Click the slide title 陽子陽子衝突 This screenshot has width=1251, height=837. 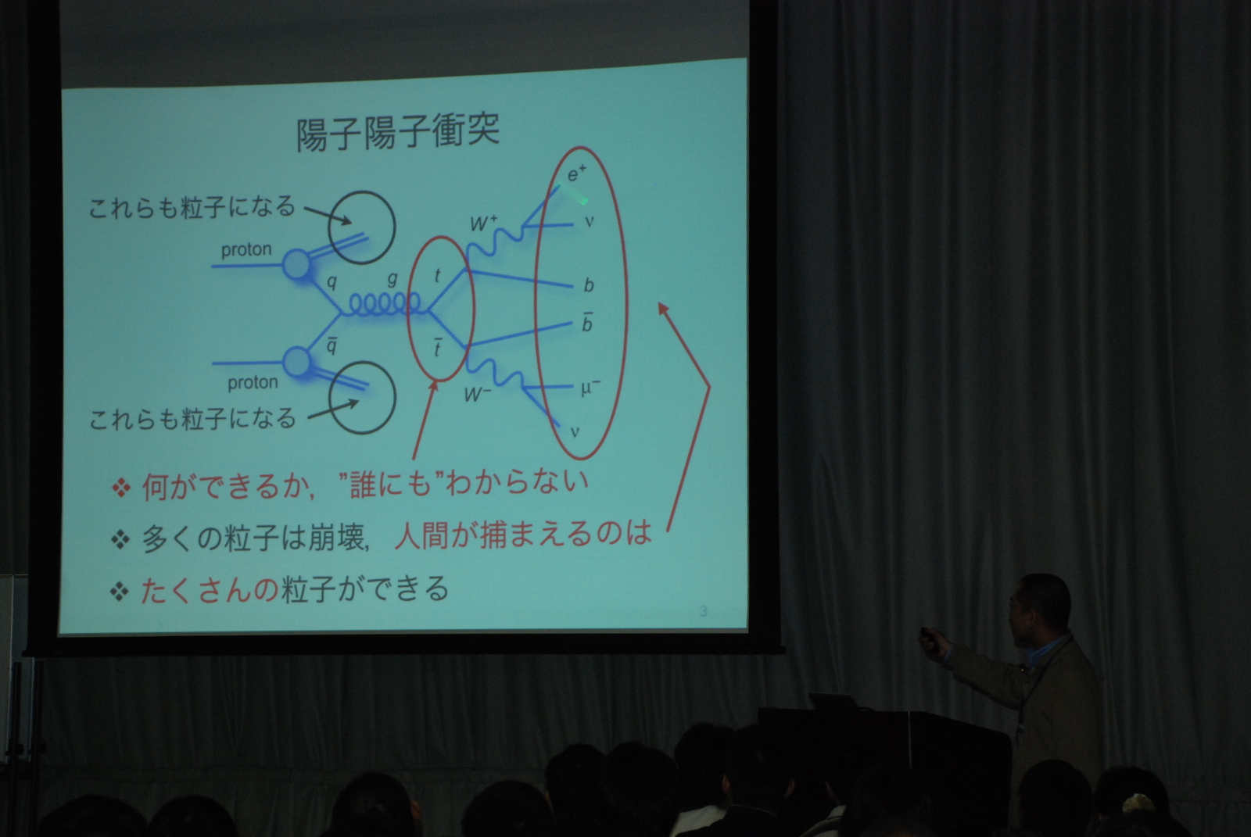click(x=398, y=132)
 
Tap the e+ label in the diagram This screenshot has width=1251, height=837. click(x=577, y=173)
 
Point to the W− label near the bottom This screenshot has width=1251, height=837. click(x=478, y=395)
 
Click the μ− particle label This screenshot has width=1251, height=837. click(x=590, y=388)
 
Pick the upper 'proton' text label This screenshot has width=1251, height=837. click(x=246, y=249)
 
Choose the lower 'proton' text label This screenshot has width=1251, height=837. click(x=253, y=382)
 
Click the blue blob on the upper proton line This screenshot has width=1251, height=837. click(x=296, y=264)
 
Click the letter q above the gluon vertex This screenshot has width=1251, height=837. click(x=332, y=283)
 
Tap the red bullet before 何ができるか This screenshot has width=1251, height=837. click(x=120, y=488)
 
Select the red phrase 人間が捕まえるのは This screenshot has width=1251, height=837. click(x=523, y=533)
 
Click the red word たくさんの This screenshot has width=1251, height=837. click(x=210, y=589)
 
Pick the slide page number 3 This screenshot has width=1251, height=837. click(x=703, y=611)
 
